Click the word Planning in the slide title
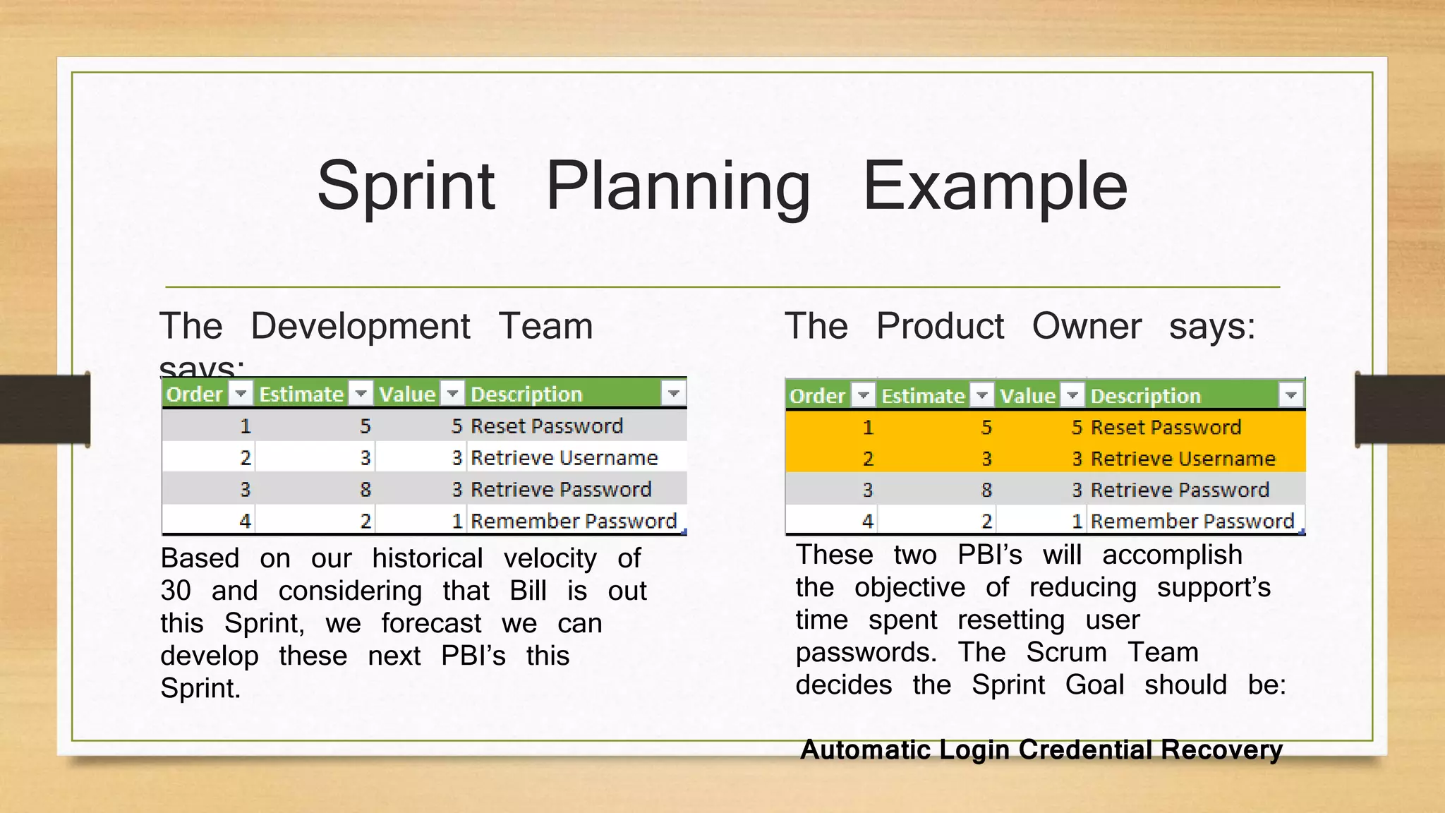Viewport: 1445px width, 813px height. coord(678,187)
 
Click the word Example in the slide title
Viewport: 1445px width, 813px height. coord(995,187)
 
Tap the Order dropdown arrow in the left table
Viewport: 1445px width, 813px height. coord(241,393)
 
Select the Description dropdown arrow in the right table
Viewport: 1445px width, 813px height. coord(1290,395)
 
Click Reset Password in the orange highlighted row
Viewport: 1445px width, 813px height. coord(1166,427)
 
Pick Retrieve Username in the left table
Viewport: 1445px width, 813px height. coord(564,458)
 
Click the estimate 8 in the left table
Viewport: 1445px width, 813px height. coord(365,490)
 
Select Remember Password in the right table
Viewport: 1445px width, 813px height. coord(1192,522)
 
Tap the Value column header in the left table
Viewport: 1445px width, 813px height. coord(407,394)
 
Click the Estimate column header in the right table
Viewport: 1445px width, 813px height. coord(923,396)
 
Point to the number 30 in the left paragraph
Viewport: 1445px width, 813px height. coord(176,591)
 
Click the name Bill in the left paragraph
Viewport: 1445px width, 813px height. coord(528,591)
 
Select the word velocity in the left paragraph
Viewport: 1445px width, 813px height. coord(550,558)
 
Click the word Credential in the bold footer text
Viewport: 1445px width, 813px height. coord(1085,749)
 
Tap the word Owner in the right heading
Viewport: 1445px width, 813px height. coord(1086,326)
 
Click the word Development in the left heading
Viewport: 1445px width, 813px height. coord(360,326)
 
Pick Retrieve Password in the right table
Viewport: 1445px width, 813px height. coord(1180,490)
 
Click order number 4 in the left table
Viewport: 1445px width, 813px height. coord(245,522)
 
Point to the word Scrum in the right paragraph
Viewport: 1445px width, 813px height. coord(1066,652)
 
